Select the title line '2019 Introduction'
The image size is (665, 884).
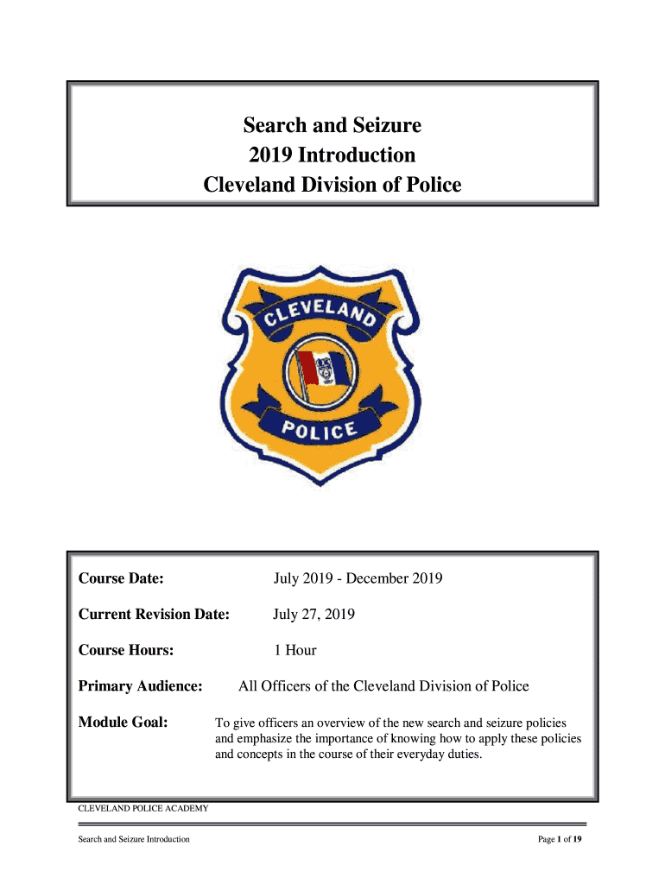(x=332, y=155)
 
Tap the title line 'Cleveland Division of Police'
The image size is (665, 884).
(x=332, y=185)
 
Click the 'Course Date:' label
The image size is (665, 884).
(x=122, y=578)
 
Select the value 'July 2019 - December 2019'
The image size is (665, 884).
(x=358, y=578)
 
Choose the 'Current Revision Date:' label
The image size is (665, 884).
(x=154, y=615)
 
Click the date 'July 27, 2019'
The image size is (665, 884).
(x=313, y=615)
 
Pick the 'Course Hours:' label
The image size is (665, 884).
(x=126, y=650)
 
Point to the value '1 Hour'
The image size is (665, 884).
(x=294, y=650)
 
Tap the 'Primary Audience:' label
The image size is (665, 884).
(x=140, y=686)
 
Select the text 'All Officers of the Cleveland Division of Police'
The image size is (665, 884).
(x=383, y=686)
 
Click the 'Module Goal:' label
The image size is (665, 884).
(x=123, y=723)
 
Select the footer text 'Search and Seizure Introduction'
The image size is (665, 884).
(x=134, y=839)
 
